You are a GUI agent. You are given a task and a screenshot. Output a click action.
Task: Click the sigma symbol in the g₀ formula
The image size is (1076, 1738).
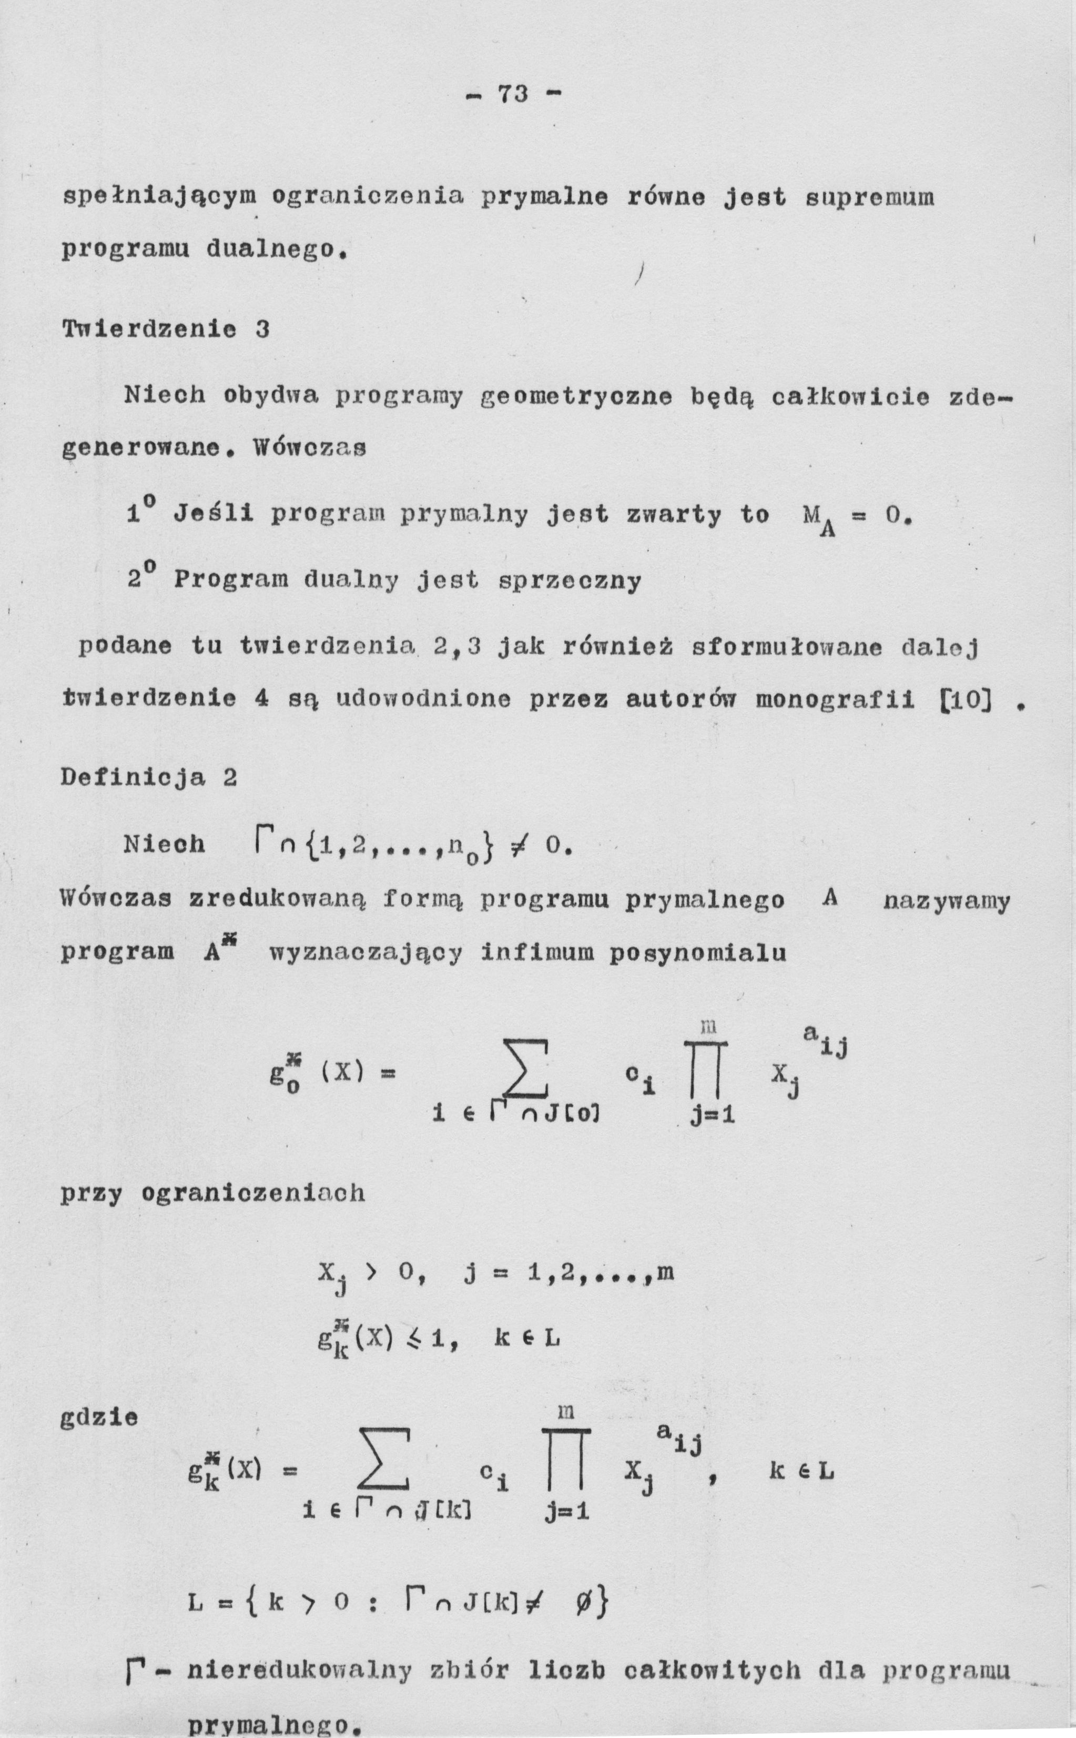(525, 1069)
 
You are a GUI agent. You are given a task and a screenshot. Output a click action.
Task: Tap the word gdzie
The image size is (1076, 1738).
(99, 1418)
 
